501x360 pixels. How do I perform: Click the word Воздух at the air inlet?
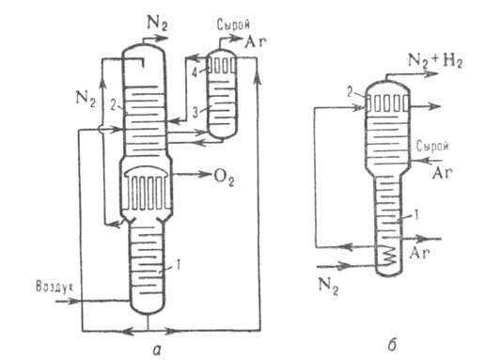point(55,287)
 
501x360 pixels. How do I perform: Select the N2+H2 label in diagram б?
point(435,61)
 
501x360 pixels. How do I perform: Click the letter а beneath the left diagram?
point(157,351)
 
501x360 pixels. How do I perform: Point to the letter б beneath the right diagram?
point(392,345)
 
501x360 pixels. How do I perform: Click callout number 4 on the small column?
point(195,72)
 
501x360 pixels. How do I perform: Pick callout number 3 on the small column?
point(196,112)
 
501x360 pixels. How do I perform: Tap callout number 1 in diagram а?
point(179,264)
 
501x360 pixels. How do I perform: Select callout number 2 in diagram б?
point(350,93)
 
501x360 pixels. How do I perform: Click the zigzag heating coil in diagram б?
point(388,255)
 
